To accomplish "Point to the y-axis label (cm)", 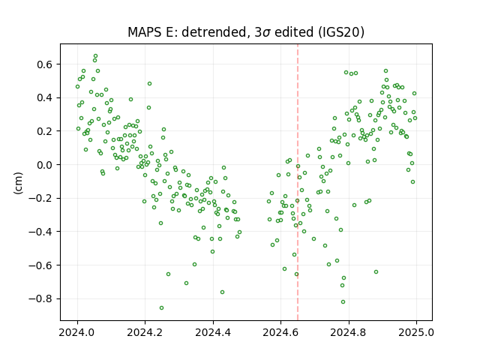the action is click(x=18, y=183).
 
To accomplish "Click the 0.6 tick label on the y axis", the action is click(x=45, y=64).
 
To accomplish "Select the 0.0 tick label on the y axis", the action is click(x=45, y=165).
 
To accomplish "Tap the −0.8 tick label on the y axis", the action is click(x=40, y=298).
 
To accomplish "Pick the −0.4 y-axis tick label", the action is click(x=40, y=232).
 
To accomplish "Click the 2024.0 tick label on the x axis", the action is click(x=78, y=332).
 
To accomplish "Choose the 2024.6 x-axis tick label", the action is click(x=280, y=332).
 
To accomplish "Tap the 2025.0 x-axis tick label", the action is click(x=416, y=332).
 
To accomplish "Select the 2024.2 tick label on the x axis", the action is click(x=145, y=332).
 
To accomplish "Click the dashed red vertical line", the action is click(x=298, y=182).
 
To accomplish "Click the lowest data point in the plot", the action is click(x=162, y=308).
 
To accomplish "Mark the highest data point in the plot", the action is click(x=95, y=56).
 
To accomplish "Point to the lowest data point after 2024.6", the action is click(x=343, y=301).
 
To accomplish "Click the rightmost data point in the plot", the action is click(x=415, y=118).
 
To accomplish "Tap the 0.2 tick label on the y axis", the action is click(x=45, y=131).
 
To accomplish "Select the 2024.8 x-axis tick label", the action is click(x=348, y=332).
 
